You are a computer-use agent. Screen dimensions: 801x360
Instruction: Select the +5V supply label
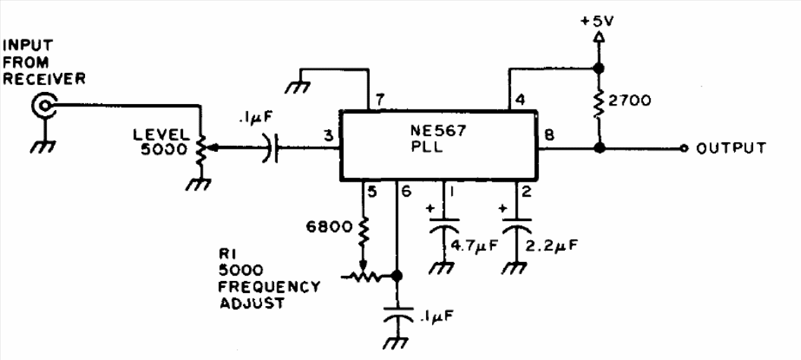pos(598,21)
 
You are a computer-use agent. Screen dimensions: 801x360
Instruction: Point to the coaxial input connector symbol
pos(43,106)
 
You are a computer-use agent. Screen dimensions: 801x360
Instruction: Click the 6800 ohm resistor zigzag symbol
pos(363,231)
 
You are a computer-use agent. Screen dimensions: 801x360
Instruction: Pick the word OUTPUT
pos(731,148)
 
